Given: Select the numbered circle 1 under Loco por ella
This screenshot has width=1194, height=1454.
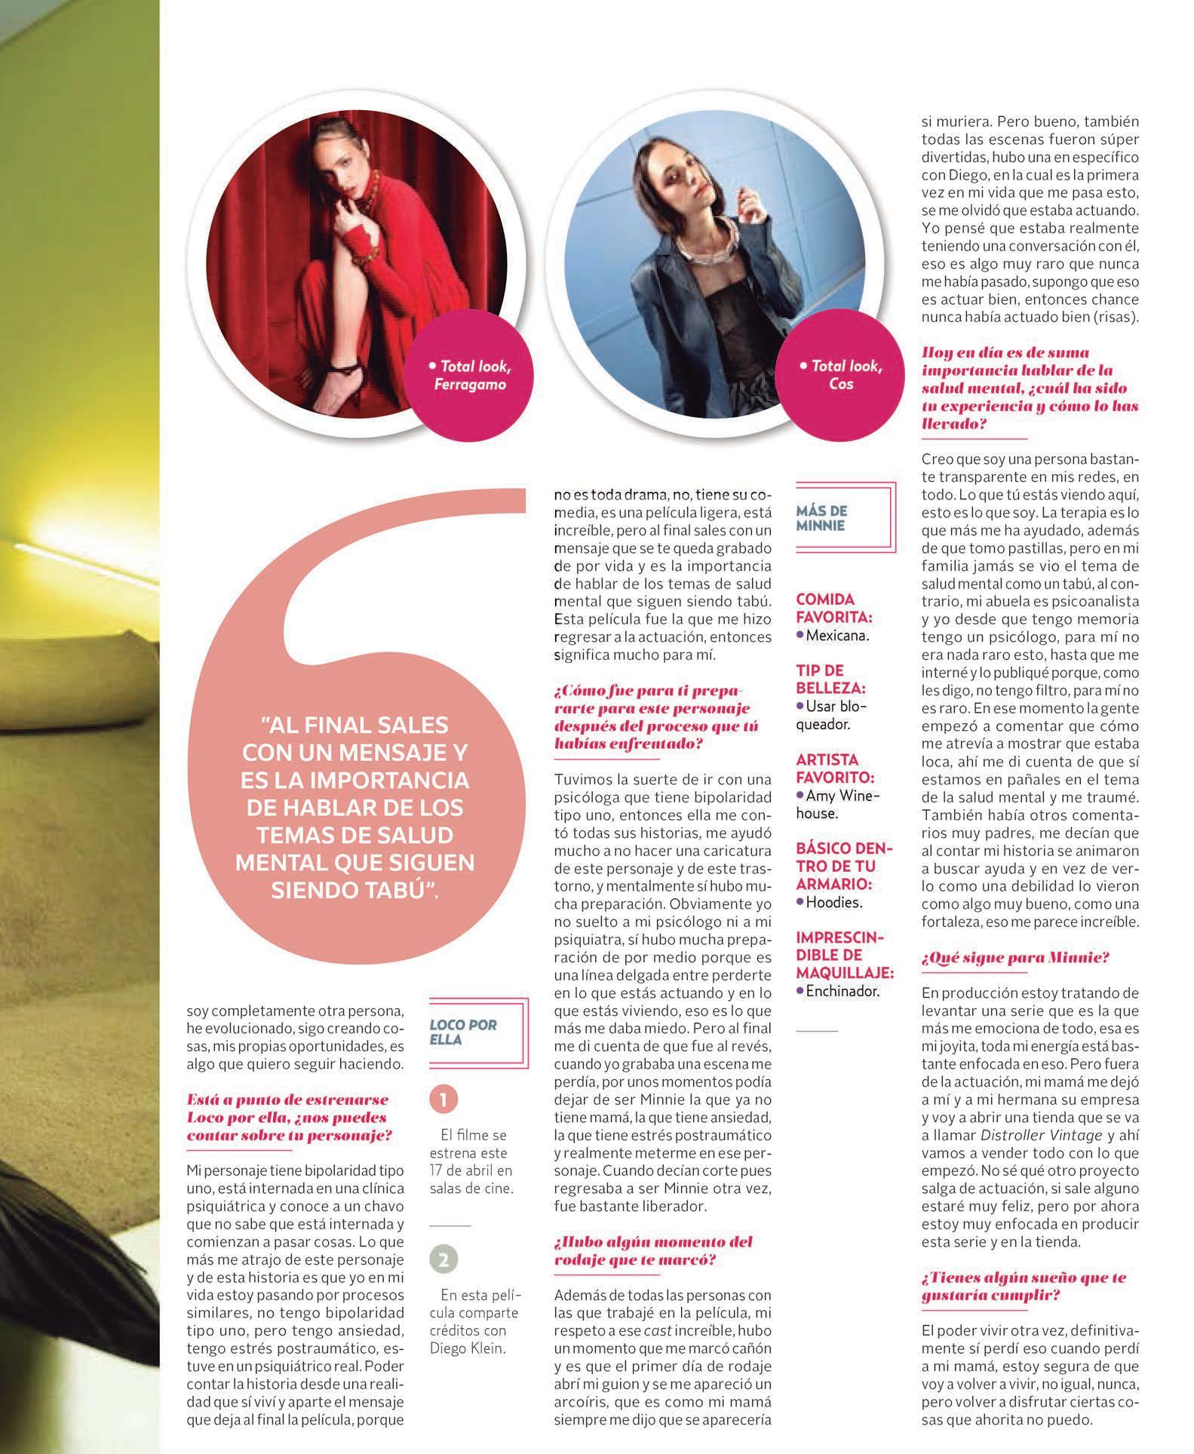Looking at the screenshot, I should [x=444, y=1100].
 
